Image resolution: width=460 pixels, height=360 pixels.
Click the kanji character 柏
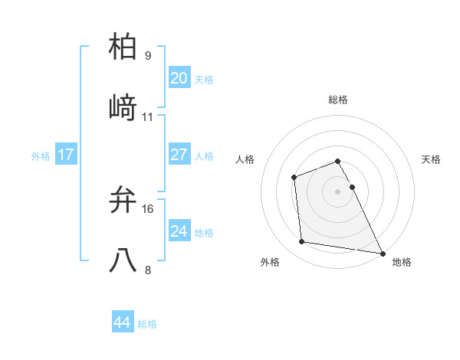point(123,48)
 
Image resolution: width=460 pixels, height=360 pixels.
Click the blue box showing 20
point(179,78)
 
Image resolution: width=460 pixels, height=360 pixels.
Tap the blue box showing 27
point(179,155)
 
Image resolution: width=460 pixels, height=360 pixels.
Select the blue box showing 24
point(179,231)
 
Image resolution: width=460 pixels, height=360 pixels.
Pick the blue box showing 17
point(65,155)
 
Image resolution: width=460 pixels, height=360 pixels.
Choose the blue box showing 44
point(122,322)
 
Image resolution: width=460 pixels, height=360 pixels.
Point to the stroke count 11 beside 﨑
point(148,116)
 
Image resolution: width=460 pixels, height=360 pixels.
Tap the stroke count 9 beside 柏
point(148,56)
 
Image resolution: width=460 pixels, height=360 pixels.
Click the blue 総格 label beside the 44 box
point(147,324)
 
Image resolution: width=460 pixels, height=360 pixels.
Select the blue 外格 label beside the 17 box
point(41,156)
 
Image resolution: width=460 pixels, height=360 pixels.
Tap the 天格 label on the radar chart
point(432,159)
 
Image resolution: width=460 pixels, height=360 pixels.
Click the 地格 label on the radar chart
point(402,263)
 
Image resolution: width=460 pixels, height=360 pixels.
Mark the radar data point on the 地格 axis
point(383,253)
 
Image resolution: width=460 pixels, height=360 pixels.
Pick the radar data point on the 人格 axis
point(294,178)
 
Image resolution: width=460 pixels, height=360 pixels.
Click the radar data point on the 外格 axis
point(302,242)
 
